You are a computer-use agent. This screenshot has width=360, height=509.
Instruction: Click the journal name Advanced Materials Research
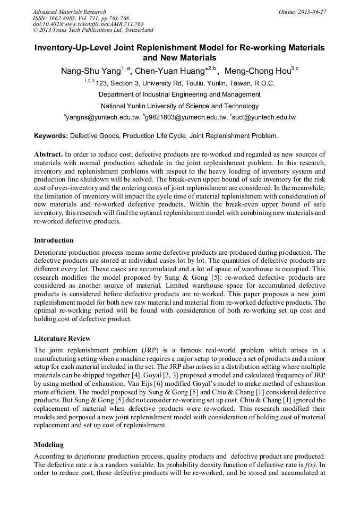[70, 12]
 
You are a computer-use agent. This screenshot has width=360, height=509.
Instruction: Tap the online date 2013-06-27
[312, 12]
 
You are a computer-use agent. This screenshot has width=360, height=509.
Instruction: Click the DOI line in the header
[88, 24]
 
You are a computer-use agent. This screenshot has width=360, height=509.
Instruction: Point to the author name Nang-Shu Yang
[91, 70]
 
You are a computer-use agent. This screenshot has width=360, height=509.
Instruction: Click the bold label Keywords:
[51, 136]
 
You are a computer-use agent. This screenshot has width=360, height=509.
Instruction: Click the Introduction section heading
[54, 240]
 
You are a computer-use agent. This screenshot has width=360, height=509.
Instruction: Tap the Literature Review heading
[62, 338]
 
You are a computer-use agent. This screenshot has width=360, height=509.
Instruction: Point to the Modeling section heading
[48, 444]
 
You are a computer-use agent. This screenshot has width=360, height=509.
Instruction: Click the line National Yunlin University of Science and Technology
[179, 106]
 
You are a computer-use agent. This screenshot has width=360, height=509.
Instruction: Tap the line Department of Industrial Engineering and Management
[179, 94]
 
